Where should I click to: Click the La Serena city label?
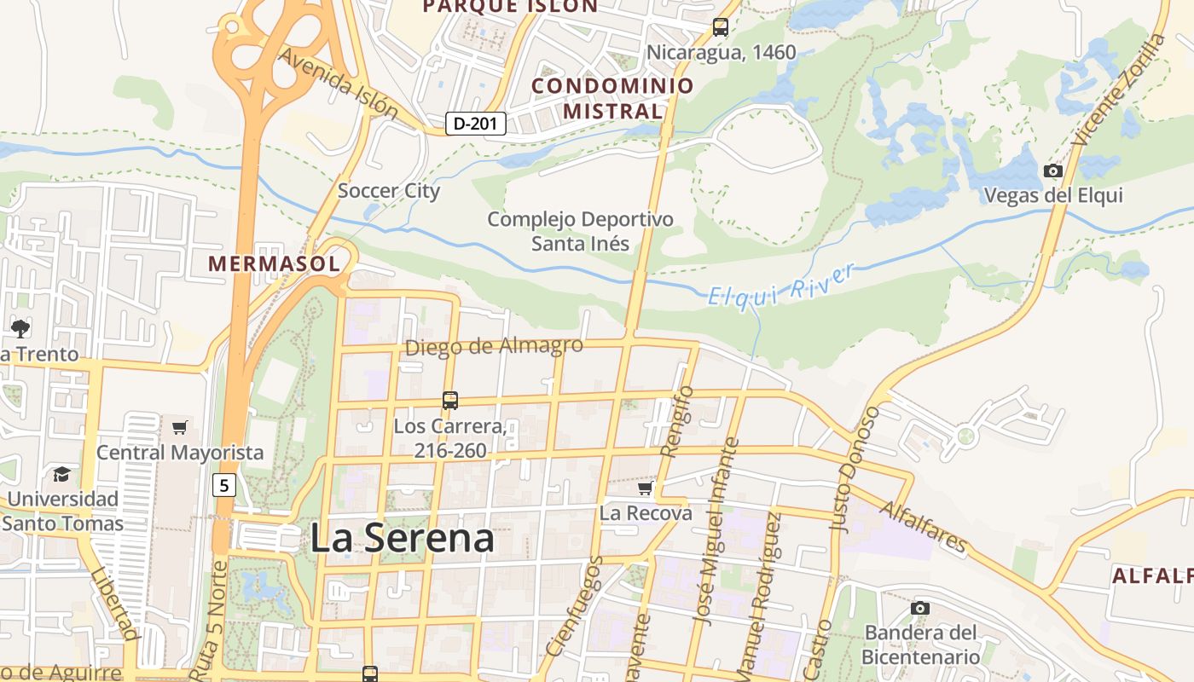[402, 539]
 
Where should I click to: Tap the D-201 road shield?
[476, 124]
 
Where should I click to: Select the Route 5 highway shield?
[223, 486]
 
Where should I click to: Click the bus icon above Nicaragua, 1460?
[721, 27]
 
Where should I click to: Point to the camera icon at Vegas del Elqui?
[1053, 171]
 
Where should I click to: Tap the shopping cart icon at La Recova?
[646, 488]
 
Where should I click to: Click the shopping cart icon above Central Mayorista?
[179, 427]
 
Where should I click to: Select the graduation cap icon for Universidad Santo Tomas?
[61, 474]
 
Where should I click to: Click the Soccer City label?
[389, 190]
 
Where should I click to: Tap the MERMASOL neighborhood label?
[274, 264]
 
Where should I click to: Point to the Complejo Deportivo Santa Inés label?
[580, 231]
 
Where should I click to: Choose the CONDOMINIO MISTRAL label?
[612, 98]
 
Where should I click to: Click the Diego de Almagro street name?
[494, 346]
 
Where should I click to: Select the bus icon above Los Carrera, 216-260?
[449, 400]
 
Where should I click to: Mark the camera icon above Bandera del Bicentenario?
[919, 608]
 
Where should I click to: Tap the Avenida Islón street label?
[339, 83]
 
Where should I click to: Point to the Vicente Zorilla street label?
[1119, 90]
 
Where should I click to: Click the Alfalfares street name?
[924, 526]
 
